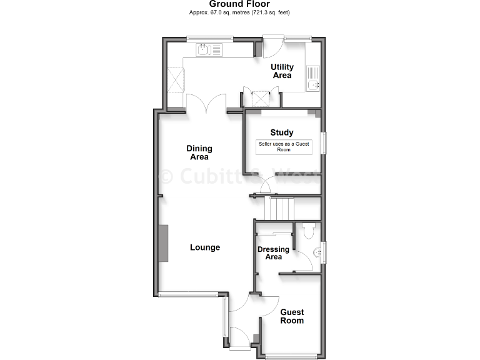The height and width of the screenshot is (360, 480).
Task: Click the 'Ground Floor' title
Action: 239,4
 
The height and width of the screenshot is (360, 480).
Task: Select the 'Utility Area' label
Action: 282,71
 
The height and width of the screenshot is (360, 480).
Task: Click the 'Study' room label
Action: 282,132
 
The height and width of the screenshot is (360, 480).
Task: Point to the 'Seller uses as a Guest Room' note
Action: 284,147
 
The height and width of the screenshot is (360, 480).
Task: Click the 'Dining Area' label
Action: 199,152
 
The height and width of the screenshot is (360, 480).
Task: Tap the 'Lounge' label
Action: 205,247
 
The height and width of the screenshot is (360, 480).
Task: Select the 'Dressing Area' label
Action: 274,253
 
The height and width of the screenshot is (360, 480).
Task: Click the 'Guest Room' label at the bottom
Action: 292,316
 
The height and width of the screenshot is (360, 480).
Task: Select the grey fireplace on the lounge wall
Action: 164,243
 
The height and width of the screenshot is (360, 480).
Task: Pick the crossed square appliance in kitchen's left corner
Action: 176,79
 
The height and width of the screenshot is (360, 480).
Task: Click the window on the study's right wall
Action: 324,142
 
